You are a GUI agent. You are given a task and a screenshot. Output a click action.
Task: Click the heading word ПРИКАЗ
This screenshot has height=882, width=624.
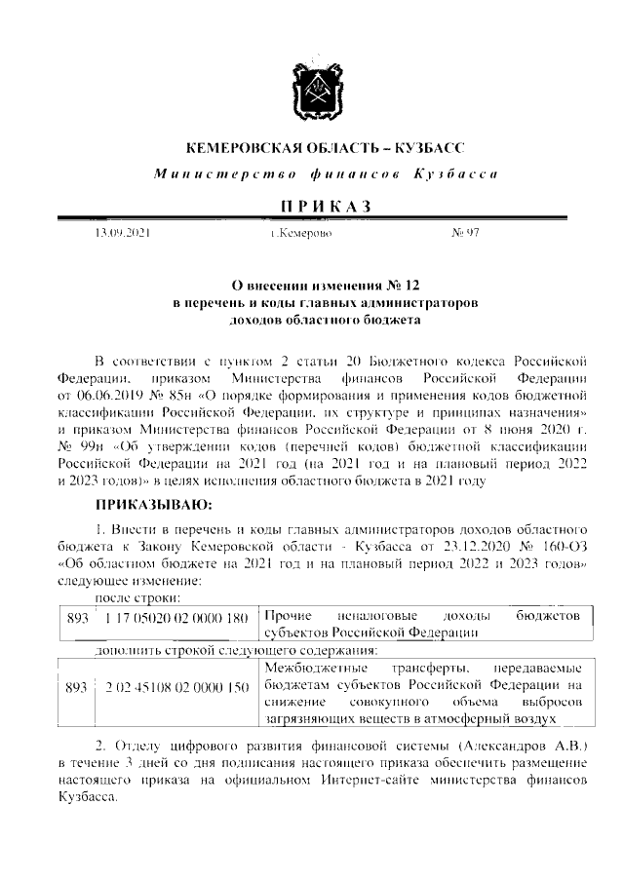point(311,207)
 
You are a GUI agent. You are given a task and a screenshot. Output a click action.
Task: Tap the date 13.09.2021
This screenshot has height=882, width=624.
point(122,235)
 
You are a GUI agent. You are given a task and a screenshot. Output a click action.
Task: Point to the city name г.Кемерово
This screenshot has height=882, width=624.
point(302,235)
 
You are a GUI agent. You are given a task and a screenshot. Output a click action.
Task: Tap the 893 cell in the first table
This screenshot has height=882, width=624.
point(76,618)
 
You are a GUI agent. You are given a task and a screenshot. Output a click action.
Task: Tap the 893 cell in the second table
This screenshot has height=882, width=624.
point(76,687)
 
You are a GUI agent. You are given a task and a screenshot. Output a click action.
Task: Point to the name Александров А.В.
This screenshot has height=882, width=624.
point(513,746)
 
